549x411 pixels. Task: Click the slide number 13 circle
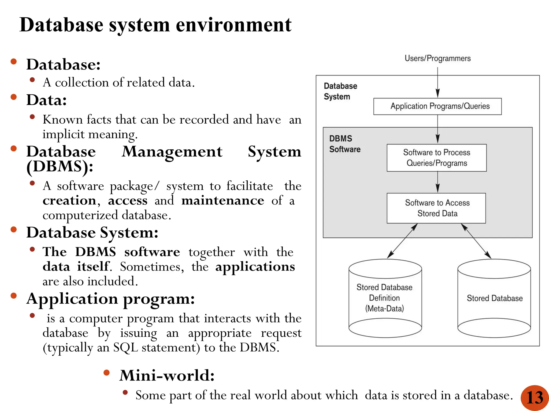click(535, 398)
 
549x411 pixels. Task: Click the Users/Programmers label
click(437, 58)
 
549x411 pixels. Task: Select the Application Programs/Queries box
click(437, 106)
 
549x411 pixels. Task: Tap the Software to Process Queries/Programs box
click(436, 158)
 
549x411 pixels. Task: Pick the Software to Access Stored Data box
click(436, 208)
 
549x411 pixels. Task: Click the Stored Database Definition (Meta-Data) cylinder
click(385, 298)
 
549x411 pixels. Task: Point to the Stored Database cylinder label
click(495, 298)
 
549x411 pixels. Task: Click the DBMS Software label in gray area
click(344, 144)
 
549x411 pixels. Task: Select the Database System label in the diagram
click(340, 91)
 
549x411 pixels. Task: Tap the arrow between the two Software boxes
click(437, 182)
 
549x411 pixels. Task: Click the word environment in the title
click(233, 25)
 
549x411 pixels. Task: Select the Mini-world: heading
click(167, 375)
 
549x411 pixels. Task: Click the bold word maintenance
click(222, 201)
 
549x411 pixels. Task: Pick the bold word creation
click(69, 201)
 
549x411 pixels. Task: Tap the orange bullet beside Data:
click(14, 97)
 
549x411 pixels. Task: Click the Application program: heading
click(110, 299)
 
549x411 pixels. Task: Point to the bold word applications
click(255, 267)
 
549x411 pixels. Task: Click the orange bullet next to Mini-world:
click(107, 372)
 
